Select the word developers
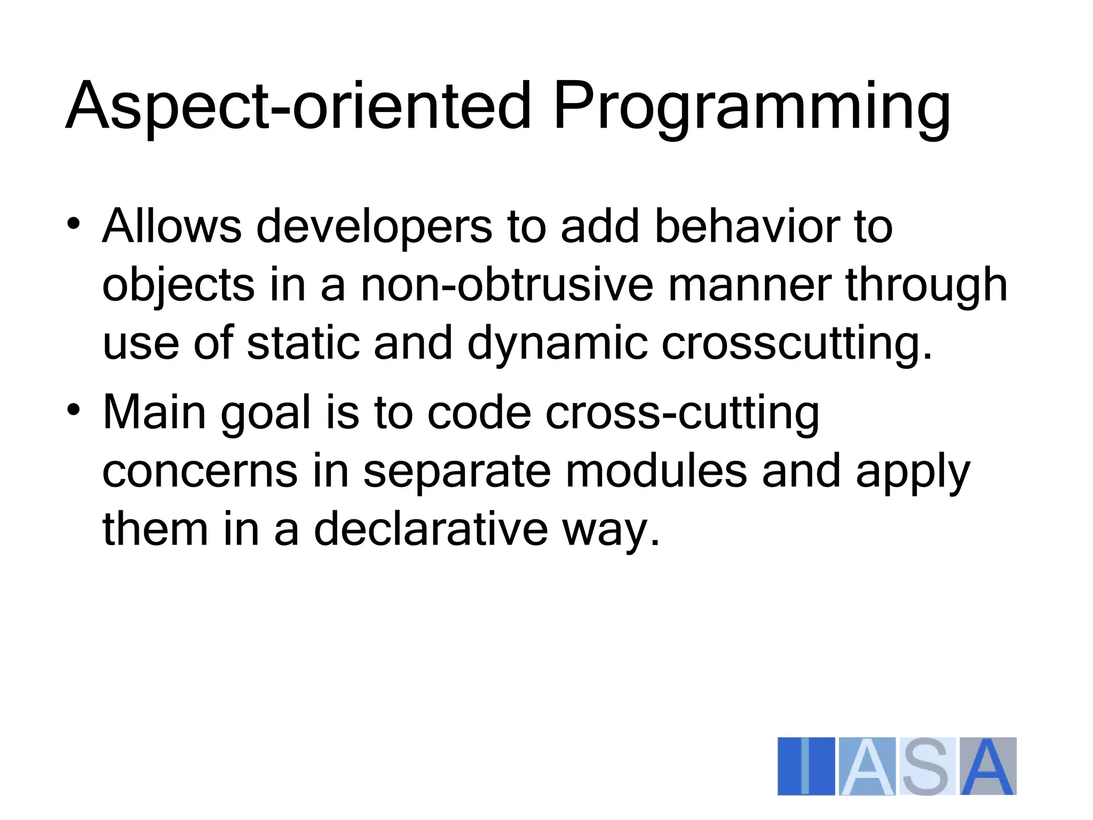[x=374, y=227]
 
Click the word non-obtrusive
[x=506, y=285]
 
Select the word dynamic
[x=557, y=344]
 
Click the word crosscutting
[x=796, y=344]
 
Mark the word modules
[x=655, y=471]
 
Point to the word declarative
[x=431, y=529]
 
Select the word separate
[x=457, y=472]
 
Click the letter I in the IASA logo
[x=806, y=766]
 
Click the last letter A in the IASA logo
[x=988, y=766]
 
